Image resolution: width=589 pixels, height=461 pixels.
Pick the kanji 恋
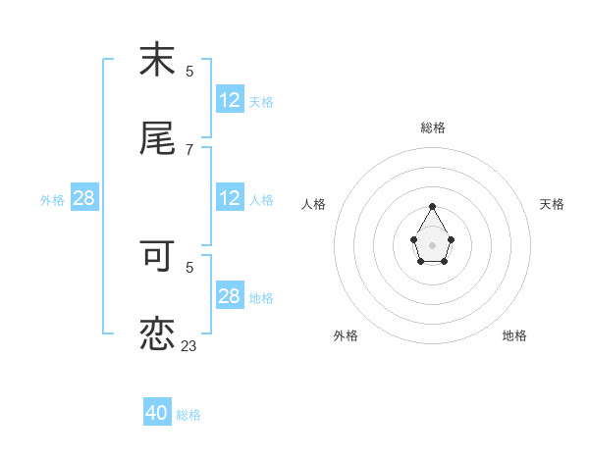(157, 333)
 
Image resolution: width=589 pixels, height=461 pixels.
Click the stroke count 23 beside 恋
(189, 345)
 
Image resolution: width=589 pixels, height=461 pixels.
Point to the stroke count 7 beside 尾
(189, 149)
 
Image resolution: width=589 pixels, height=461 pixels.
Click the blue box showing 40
(157, 413)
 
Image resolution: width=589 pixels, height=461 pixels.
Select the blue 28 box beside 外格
(84, 198)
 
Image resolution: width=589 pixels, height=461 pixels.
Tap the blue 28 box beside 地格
(229, 296)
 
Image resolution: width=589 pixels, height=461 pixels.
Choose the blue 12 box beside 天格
(229, 100)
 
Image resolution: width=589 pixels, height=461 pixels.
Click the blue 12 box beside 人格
(229, 198)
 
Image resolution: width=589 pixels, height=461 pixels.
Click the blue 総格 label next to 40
(188, 415)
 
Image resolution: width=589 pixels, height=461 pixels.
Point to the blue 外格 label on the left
(52, 200)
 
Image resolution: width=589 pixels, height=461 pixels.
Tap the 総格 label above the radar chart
(433, 128)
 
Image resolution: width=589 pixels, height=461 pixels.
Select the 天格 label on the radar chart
(552, 204)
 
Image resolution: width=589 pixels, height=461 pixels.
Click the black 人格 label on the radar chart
(314, 204)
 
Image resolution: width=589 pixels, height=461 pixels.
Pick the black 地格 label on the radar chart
(514, 335)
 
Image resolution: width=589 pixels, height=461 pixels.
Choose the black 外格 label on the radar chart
(346, 335)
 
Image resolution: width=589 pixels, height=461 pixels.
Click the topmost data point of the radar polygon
(433, 206)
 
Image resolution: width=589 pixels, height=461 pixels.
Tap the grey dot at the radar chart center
(433, 244)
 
